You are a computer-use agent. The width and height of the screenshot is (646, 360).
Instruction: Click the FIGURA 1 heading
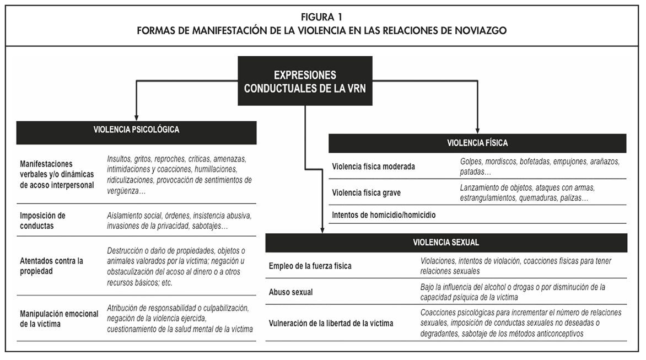coord(322,16)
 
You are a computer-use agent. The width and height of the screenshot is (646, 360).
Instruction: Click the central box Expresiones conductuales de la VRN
coord(305,80)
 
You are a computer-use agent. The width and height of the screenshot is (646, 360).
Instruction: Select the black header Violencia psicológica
coord(136,130)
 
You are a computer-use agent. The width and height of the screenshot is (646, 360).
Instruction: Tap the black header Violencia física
coord(477,143)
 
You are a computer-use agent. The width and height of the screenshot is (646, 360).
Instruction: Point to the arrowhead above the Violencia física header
coord(477,128)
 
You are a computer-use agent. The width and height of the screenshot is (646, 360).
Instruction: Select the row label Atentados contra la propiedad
coord(51,265)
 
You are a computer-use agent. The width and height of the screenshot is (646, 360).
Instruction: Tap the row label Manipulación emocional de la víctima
coord(59,319)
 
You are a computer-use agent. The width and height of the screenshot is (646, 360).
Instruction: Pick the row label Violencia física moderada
coord(373,166)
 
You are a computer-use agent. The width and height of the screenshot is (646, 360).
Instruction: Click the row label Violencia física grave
coord(366,193)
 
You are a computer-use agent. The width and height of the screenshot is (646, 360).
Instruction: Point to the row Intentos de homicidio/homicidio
coord(384,215)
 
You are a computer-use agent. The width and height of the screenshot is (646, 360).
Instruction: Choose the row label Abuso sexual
coord(290,292)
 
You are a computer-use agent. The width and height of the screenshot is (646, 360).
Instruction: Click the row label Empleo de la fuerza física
coord(310,266)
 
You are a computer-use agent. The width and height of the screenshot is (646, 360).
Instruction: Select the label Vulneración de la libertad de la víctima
coord(331,323)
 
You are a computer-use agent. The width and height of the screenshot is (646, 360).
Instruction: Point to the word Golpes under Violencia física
coord(471,162)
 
